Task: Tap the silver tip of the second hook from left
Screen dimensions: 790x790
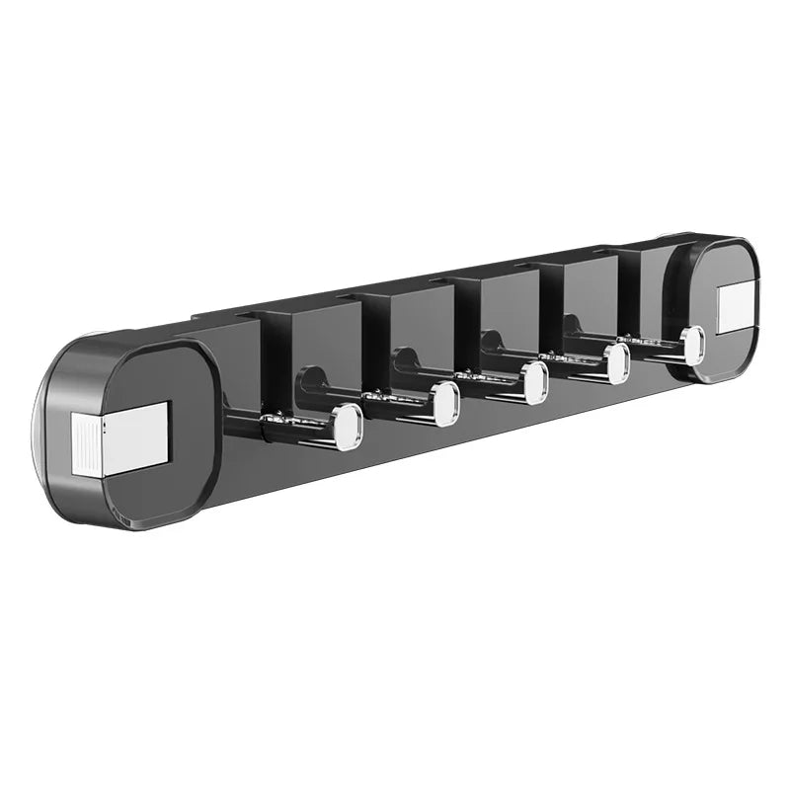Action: pos(445,402)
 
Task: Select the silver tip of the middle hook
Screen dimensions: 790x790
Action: pos(535,382)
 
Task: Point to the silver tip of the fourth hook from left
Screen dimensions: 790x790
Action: pos(617,363)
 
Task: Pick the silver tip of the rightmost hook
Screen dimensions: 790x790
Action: pos(692,345)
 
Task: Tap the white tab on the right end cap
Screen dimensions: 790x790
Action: pos(736,307)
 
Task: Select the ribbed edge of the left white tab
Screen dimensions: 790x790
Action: pos(83,443)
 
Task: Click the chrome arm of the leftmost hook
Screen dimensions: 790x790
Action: pos(291,425)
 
